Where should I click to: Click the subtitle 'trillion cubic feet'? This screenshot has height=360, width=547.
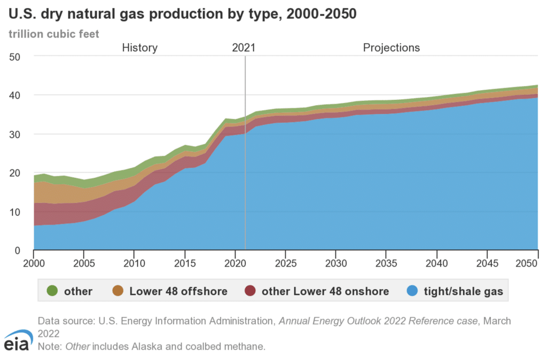pos(53,33)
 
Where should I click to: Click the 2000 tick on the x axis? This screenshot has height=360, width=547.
pos(34,263)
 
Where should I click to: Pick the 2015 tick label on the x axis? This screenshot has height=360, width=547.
pos(185,263)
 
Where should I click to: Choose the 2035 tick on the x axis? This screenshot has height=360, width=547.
pos(386,263)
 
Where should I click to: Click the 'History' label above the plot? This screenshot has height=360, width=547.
pos(139,48)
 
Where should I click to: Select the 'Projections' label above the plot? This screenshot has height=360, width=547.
pos(392,48)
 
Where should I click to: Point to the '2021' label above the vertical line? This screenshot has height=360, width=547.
pos(244,48)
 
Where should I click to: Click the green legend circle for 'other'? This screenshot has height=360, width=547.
pos(52,291)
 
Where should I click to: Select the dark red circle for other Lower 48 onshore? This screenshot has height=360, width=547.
pos(250,291)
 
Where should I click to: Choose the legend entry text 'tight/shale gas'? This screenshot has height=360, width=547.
pos(462,291)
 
